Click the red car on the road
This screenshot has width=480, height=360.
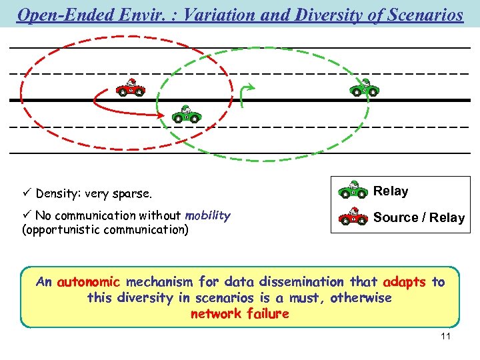130,89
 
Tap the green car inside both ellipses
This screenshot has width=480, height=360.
187,115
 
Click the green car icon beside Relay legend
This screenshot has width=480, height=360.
353,191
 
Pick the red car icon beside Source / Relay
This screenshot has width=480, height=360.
353,217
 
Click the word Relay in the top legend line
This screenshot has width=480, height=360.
391,191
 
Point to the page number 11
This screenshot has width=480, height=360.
446,336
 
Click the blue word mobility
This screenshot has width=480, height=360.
207,215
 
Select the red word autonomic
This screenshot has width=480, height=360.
89,282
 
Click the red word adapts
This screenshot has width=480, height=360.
405,282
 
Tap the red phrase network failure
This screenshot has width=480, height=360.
240,313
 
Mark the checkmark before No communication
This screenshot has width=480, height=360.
27,215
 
